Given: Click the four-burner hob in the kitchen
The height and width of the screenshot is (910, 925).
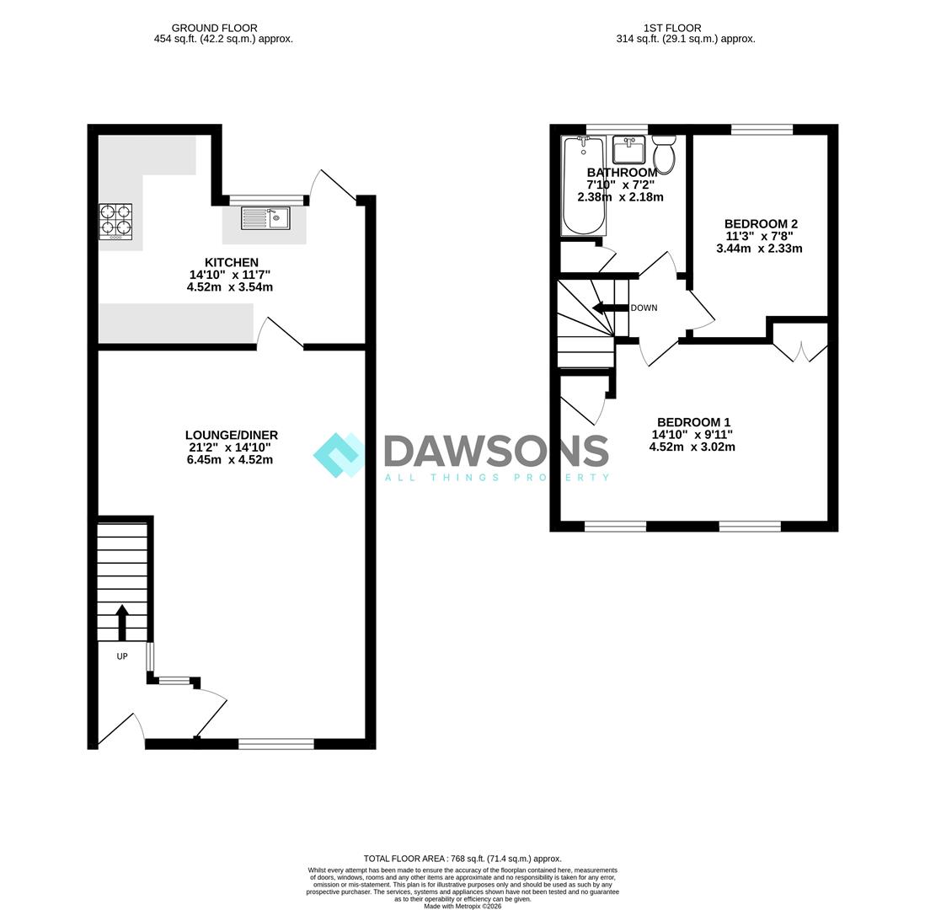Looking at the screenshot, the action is coord(115,222).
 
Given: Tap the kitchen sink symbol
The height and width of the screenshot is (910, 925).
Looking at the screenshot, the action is coord(265,218).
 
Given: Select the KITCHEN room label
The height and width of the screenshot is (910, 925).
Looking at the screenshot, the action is coord(231,262).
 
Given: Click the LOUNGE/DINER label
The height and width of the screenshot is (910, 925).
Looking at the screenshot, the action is coord(231,435).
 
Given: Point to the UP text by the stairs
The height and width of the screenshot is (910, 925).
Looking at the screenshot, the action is coord(122,656).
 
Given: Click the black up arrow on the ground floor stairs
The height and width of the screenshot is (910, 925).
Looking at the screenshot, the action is coord(122,623).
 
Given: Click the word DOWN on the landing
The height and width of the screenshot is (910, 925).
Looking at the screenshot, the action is coord(644,308).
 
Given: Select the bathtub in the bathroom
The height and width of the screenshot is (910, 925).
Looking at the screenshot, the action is coord(584,185).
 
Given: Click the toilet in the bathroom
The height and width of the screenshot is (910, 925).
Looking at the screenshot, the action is coord(664,153).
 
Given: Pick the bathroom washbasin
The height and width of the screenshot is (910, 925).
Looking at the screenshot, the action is coord(628,150).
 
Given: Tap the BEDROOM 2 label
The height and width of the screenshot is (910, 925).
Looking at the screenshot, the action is coord(761,223).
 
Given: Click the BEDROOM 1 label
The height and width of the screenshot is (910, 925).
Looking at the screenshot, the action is coord(694,422).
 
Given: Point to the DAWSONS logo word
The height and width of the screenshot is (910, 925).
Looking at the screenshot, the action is coord(496,452).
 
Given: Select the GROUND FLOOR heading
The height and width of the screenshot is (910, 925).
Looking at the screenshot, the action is coord(214,28).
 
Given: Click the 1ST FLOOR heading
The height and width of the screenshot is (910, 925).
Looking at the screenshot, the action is coord(672,28).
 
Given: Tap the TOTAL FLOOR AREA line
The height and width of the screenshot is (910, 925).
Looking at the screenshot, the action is coord(462,859).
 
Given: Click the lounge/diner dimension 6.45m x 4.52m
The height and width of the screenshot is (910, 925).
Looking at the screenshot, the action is coord(230,460).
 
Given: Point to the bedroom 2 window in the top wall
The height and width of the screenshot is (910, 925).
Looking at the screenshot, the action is coord(762,129).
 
